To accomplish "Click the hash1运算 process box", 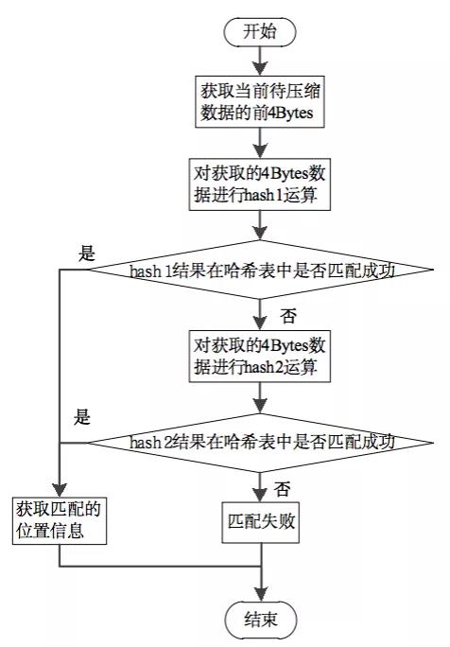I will point(259,184).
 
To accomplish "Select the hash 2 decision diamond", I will point(259,441).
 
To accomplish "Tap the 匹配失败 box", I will point(259,519).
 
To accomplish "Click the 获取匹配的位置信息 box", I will point(60,519).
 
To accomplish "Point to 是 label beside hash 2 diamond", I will point(82,417).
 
